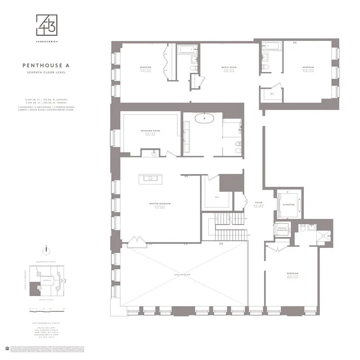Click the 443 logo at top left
[47, 26]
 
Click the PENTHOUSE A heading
[46, 65]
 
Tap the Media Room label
[229, 68]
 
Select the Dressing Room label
[150, 131]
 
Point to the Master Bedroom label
[160, 204]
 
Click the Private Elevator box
[283, 229]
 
